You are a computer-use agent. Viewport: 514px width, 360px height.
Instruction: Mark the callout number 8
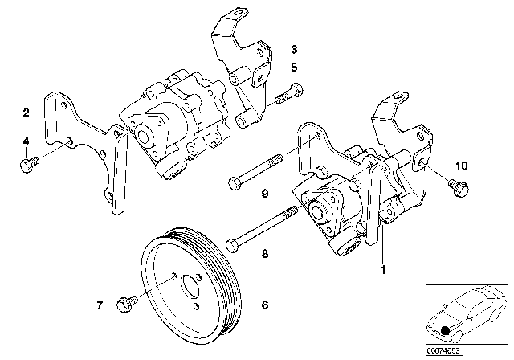263,252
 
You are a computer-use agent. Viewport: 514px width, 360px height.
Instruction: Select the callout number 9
263,193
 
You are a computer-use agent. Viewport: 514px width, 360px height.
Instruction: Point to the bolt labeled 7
124,305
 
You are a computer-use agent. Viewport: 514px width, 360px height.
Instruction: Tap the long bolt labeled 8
262,228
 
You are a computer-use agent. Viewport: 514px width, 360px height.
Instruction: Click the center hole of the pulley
191,286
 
